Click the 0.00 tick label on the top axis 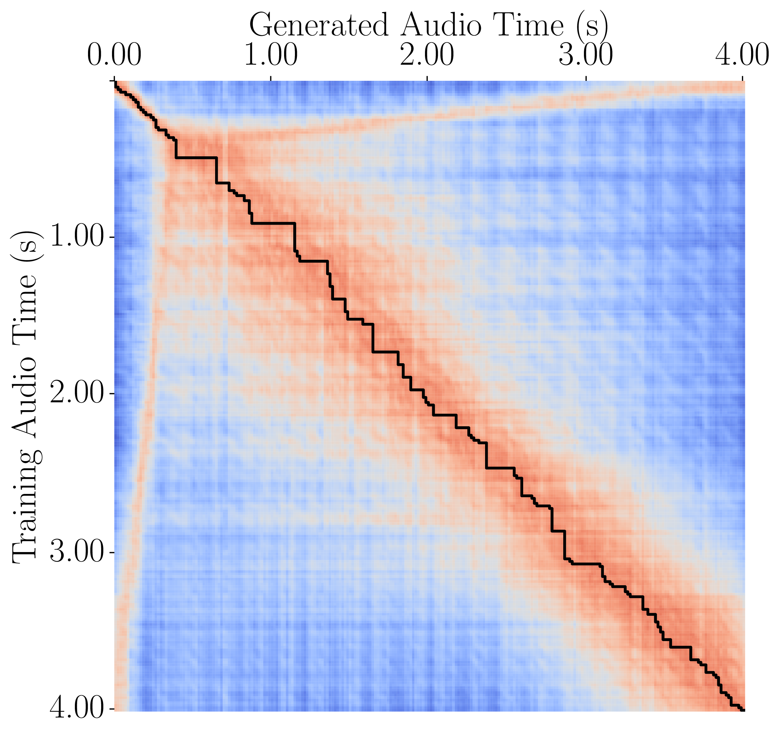[x=114, y=56]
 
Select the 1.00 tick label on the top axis [x=271, y=56]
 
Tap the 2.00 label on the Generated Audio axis [x=427, y=56]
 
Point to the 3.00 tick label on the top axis [x=586, y=56]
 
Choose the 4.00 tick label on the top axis [x=742, y=56]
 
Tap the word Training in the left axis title [x=24, y=506]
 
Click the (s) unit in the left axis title [x=24, y=243]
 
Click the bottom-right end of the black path [x=744, y=710]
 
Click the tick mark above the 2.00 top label [x=427, y=78]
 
